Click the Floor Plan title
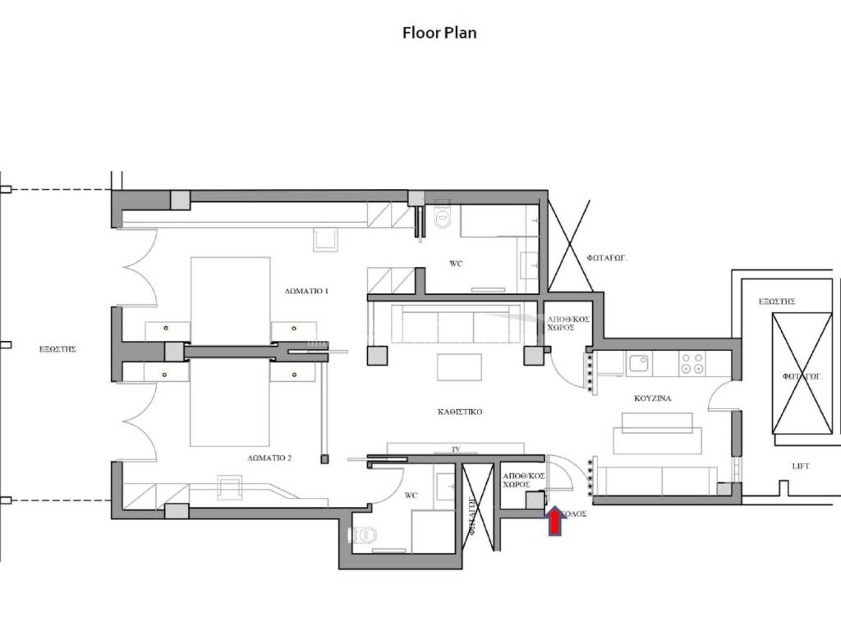439,34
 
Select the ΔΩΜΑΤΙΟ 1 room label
306,292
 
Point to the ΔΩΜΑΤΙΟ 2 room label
269,458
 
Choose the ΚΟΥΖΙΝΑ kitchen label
653,398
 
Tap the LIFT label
801,467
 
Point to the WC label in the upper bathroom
457,265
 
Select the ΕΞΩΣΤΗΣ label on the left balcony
57,349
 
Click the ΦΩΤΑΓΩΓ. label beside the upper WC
608,257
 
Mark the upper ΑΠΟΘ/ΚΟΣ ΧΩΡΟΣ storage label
568,322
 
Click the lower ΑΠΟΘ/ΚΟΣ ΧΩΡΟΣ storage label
522,481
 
